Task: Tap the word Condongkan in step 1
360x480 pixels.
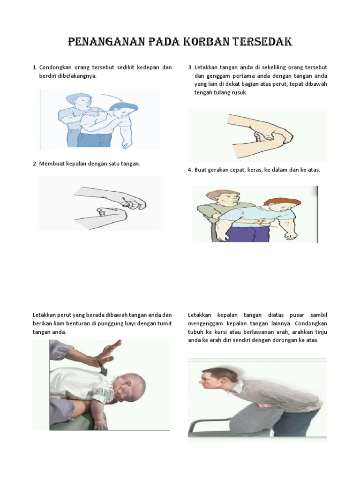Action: pos(55,67)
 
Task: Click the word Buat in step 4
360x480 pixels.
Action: pos(200,170)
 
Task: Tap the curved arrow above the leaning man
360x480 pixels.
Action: pos(112,97)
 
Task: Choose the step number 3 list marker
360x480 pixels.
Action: pos(190,67)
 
